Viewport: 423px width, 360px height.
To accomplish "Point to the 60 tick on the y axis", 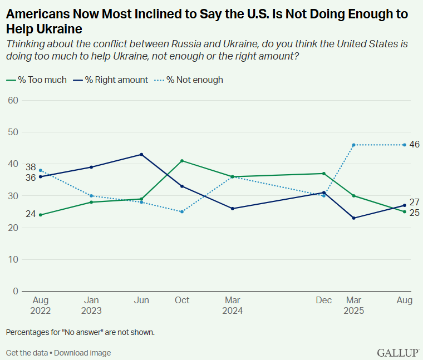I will coord(13,100).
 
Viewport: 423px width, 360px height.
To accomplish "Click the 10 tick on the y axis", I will coord(13,259).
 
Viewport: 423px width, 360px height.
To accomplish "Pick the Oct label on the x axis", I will coord(182,300).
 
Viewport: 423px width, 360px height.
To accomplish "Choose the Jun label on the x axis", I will coord(142,300).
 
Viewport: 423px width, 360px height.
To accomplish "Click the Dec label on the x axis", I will coord(324,300).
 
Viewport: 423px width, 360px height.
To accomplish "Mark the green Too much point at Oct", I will coord(182,161).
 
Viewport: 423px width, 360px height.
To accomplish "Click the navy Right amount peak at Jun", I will coord(142,154).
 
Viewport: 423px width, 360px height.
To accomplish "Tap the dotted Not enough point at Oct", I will coord(182,211).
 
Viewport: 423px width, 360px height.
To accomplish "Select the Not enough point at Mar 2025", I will coord(353,145).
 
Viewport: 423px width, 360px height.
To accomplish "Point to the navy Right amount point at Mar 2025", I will coord(353,218).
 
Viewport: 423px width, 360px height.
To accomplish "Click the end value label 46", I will coord(414,144).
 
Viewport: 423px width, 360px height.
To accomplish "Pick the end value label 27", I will coord(414,202).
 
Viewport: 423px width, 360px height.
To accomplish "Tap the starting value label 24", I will coord(30,215).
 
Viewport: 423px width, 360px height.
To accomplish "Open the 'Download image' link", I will coord(82,353).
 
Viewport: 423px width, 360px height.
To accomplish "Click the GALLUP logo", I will coord(397,353).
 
